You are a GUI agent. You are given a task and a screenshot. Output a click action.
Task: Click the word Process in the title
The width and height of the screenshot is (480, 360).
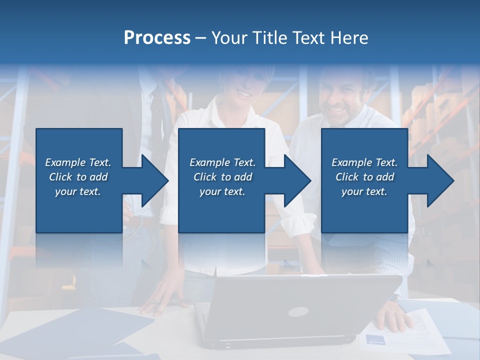coord(157,38)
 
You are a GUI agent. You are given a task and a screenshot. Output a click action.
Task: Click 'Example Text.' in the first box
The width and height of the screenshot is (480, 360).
coord(78,162)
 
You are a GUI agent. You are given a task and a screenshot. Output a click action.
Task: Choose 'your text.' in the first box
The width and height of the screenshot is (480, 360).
coord(78,191)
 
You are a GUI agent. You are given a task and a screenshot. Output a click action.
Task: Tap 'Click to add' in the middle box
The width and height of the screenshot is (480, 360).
coord(222,177)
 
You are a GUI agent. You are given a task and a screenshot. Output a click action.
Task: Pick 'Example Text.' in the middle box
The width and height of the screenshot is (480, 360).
coord(222,162)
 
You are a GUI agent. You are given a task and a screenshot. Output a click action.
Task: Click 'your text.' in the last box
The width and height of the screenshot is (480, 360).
coord(364,191)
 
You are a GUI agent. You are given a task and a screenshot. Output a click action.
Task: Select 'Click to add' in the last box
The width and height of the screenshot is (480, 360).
coord(364,177)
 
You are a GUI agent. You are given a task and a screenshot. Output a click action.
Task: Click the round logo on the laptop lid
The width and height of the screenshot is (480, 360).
coord(298,311)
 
